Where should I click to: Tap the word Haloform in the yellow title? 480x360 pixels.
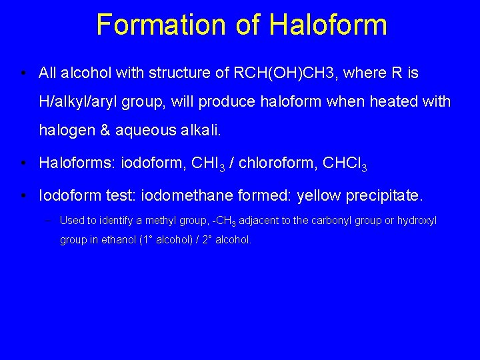tap(327, 25)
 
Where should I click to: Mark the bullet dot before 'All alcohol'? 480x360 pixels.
tap(23, 73)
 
